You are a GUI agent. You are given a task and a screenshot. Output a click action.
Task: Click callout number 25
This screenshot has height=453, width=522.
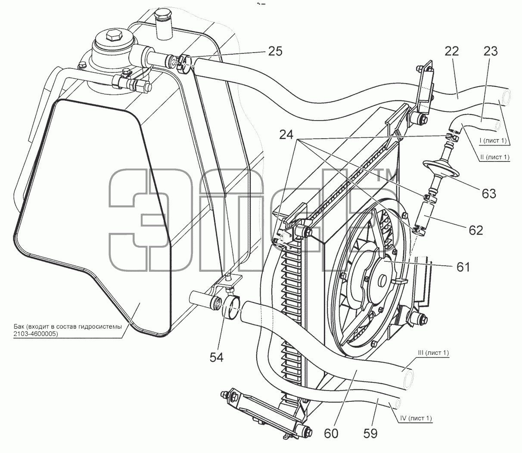(275, 52)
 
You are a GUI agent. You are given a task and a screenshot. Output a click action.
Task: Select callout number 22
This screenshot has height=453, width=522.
(452, 52)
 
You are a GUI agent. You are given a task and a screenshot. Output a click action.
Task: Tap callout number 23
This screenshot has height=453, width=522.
(491, 52)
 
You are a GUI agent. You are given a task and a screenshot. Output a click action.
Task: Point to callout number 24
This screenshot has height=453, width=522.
(286, 135)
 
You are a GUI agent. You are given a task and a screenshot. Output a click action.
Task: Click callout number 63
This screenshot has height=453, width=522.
(489, 194)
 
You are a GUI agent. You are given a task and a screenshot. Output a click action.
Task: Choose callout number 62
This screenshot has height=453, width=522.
(476, 230)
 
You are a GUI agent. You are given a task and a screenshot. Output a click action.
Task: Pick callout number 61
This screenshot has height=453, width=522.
(463, 267)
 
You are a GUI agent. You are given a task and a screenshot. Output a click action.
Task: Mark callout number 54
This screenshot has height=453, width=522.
(217, 357)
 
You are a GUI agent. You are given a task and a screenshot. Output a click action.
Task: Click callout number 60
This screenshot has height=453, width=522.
(331, 433)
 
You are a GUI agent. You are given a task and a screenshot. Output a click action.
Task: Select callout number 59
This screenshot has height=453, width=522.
(370, 433)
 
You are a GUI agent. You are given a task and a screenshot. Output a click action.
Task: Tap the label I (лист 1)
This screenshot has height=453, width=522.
(493, 140)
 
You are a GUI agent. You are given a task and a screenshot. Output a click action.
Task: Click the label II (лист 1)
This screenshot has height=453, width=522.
(495, 157)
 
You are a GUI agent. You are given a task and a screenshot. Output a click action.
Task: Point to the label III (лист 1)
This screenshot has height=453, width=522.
(433, 353)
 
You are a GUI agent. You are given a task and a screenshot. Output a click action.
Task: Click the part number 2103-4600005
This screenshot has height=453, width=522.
(36, 334)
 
